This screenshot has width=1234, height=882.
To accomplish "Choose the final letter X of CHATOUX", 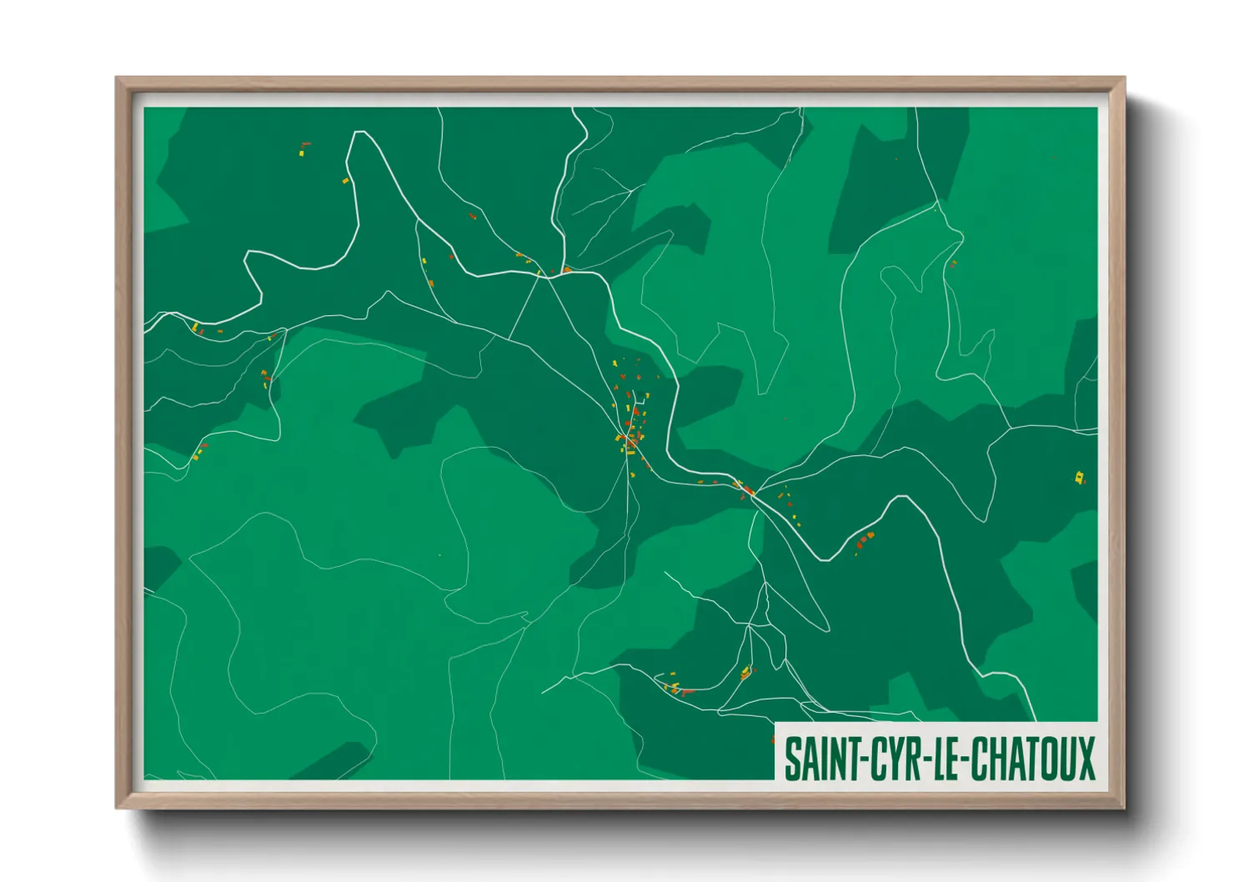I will (x=1086, y=759).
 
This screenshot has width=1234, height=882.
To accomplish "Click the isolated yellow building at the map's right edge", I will (x=1080, y=478).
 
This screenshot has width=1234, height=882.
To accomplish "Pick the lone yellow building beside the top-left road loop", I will (x=345, y=180).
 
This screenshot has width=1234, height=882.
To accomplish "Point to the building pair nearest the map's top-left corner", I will (x=304, y=148).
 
